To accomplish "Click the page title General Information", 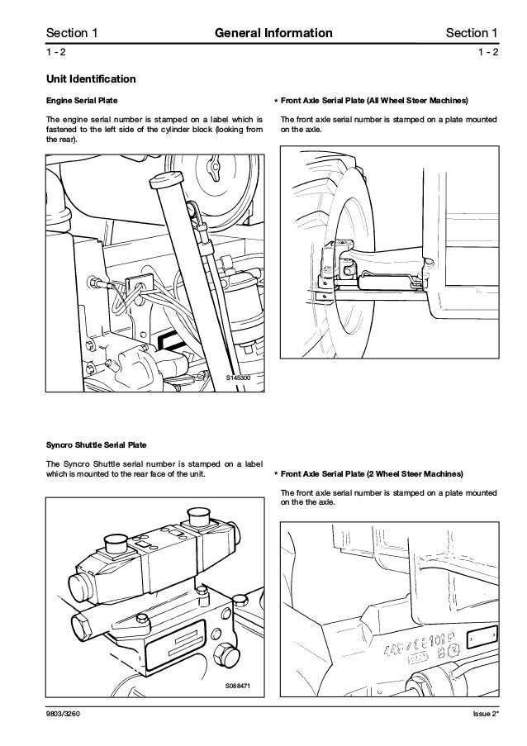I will click(273, 33).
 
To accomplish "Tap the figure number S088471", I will click(240, 687).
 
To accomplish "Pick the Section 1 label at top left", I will click(72, 33).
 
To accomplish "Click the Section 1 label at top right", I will click(471, 33).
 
